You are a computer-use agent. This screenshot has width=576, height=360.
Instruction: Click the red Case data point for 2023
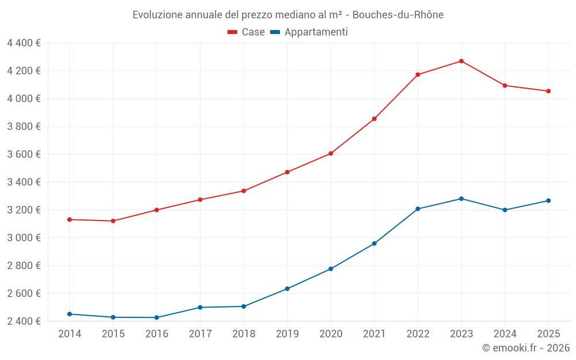coord(461,61)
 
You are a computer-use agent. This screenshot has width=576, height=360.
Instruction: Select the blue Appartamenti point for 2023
coord(461,199)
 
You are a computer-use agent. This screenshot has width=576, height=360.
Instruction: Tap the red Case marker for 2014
coord(70,219)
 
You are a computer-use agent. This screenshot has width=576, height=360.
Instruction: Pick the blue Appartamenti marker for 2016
coord(157,317)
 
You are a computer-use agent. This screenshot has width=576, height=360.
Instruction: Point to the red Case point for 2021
coord(374,119)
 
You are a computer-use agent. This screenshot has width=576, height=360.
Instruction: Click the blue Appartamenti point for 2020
coord(331,269)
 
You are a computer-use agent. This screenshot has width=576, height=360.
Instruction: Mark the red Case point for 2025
coord(548,91)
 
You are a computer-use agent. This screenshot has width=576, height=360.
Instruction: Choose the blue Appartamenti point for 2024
coord(505,210)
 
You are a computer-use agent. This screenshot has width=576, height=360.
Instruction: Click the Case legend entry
coord(247,32)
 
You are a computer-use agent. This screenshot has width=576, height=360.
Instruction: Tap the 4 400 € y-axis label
coord(24,43)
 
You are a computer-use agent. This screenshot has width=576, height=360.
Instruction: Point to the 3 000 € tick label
coord(24,238)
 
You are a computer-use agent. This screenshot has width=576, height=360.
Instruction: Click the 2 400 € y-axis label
coord(24,321)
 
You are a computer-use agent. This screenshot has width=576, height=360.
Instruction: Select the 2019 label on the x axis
coord(287,334)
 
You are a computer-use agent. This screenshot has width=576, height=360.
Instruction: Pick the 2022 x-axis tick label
coord(418,334)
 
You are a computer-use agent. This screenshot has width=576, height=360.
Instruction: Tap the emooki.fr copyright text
coord(526,348)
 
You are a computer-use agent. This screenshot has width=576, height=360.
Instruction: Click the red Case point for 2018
coord(244,191)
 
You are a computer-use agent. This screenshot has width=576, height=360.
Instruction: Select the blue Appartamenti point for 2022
coord(418,209)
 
